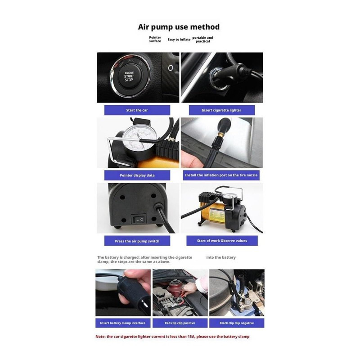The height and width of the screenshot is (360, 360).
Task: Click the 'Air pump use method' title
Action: click(179, 27)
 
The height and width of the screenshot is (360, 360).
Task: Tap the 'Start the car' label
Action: click(137, 110)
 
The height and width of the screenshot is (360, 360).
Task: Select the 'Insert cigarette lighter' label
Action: click(221, 110)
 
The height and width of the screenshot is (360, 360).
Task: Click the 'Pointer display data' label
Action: click(137, 175)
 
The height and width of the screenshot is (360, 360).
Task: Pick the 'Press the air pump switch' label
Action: click(137, 241)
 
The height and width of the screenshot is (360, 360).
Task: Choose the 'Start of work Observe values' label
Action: click(222, 241)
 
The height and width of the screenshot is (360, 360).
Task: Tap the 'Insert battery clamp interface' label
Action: click(122, 323)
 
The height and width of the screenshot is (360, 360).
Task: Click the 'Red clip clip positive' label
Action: click(180, 323)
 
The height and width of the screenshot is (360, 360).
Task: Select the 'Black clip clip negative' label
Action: click(237, 323)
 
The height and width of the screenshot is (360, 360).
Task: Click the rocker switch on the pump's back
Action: click(139, 220)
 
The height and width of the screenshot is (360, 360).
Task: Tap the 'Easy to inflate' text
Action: click(179, 40)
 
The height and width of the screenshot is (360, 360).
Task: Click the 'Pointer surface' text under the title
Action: click(155, 39)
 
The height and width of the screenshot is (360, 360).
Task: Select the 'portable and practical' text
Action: click(202, 40)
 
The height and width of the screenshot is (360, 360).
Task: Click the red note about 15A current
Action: click(172, 337)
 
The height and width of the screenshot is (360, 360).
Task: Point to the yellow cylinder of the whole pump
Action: click(212, 213)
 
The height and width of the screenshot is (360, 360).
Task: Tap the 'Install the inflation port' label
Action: click(221, 175)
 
